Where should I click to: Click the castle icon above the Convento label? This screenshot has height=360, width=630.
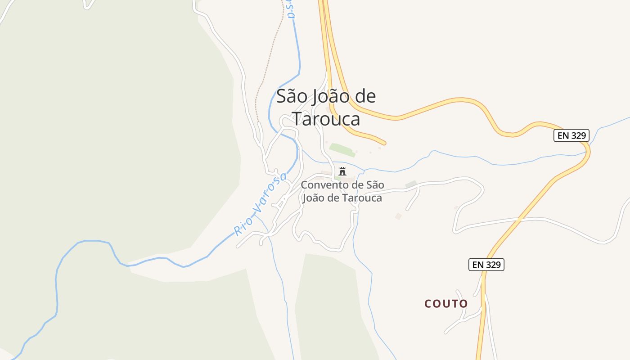point(342,171)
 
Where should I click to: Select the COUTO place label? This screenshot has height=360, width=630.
point(446,304)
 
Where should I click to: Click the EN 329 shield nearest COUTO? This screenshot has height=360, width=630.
point(486,265)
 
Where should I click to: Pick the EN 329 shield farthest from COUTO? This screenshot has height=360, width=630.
point(571,135)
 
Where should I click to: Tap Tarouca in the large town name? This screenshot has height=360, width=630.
point(327,119)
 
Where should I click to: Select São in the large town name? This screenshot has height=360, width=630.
point(291,96)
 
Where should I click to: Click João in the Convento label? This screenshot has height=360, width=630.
point(315,198)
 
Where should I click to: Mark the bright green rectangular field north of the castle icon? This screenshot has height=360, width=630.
point(342,149)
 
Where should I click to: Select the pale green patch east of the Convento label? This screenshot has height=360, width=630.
point(410,184)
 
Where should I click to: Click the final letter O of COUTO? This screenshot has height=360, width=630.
point(463,304)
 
